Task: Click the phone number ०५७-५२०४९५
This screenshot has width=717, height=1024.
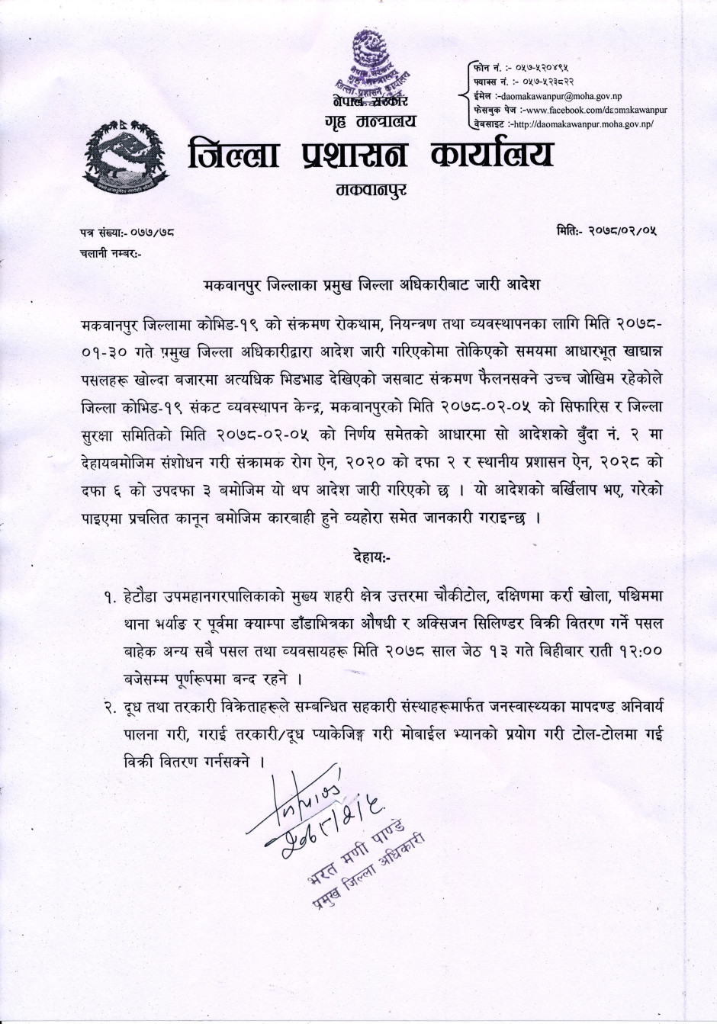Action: click(546, 69)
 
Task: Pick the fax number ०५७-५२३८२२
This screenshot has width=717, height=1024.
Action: click(548, 82)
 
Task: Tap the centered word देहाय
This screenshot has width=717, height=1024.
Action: click(372, 556)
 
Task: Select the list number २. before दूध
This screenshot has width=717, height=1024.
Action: click(111, 708)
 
